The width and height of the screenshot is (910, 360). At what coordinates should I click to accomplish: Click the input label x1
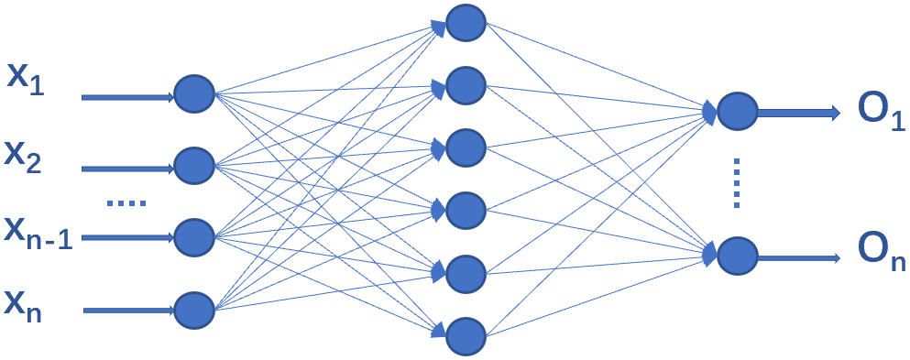pos(27,77)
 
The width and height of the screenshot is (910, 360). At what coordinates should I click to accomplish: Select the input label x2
pos(27,155)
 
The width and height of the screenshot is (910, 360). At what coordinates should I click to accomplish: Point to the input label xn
pos(27,303)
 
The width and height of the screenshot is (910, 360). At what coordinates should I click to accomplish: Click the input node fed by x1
pos(193,94)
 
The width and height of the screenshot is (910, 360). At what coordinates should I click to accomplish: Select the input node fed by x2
pos(193,166)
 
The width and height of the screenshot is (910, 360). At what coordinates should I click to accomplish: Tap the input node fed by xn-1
pos(193,236)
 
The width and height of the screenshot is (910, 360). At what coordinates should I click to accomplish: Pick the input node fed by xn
pos(193,309)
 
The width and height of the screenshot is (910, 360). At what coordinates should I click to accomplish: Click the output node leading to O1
pos(737,111)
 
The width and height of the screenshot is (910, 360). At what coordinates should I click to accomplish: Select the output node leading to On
pos(737,256)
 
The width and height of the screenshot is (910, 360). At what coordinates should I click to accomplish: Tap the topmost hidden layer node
pos(466,25)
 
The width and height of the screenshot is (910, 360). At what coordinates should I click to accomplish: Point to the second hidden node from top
pos(466,86)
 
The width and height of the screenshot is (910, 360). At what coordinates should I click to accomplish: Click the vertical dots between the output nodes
pos(737,184)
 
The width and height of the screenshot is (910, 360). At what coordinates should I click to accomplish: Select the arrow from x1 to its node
pos(128,96)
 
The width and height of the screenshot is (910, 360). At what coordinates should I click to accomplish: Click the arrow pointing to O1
pos(797,113)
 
